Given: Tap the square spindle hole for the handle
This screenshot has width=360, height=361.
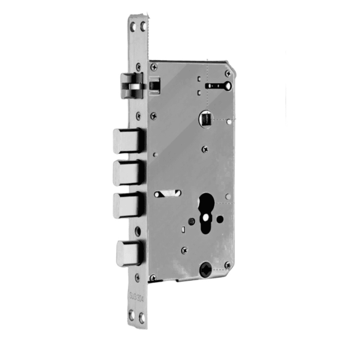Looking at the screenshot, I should (x=205, y=118).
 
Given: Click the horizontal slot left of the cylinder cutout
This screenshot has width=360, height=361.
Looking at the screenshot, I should (x=168, y=194).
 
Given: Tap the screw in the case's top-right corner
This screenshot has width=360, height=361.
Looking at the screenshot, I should (x=228, y=74).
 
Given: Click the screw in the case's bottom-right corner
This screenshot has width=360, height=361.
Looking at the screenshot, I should (x=227, y=264).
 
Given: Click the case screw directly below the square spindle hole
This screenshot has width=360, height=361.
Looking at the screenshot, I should (x=204, y=149).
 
